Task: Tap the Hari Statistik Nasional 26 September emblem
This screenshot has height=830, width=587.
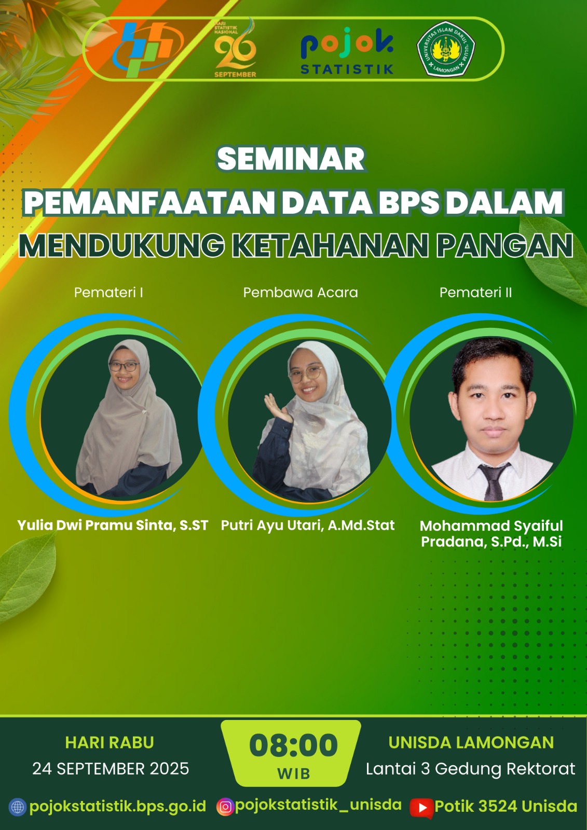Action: [x=235, y=48]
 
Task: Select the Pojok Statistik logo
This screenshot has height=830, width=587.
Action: [x=347, y=51]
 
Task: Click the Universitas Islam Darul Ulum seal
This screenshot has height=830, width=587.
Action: [x=446, y=49]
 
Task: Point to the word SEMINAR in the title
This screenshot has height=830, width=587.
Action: [x=291, y=159]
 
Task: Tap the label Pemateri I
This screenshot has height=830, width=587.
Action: [x=108, y=293]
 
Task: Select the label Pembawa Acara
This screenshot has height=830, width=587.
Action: [x=301, y=293]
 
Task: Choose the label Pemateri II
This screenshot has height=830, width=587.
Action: [x=476, y=293]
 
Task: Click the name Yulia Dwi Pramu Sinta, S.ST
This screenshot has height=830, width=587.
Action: [x=113, y=525]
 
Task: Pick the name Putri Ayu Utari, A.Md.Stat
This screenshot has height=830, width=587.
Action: [x=308, y=525]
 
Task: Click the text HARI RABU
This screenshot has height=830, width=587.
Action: [x=110, y=743]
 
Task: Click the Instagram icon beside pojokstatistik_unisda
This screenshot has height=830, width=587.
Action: [x=225, y=806]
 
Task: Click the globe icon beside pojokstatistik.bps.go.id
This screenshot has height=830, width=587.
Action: [x=18, y=807]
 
